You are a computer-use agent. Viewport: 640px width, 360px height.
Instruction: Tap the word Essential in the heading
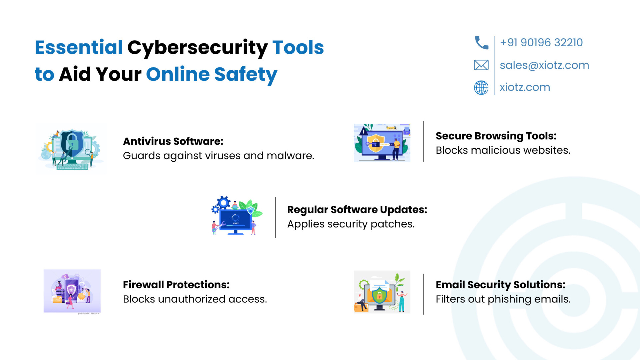click(x=79, y=47)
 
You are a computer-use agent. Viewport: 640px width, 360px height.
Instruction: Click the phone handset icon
click(x=481, y=43)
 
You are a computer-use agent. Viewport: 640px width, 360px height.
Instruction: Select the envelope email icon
click(x=481, y=65)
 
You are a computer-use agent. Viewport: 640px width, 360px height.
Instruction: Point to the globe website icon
click(x=481, y=87)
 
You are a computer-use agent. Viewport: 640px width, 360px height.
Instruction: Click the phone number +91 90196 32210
click(x=541, y=43)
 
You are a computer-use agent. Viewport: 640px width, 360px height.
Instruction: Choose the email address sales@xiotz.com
click(x=545, y=65)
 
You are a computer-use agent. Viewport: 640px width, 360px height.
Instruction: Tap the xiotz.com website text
click(x=525, y=87)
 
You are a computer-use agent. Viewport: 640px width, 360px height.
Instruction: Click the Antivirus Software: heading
click(x=173, y=141)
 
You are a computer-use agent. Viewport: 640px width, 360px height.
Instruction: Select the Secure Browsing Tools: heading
click(x=496, y=136)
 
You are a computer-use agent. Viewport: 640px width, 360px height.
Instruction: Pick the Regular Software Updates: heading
click(x=357, y=210)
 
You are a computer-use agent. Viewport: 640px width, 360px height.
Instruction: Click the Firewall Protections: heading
click(x=176, y=285)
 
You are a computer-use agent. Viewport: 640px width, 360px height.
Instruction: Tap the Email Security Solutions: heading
click(x=501, y=285)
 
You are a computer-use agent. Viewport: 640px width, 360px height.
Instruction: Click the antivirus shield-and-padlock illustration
click(x=71, y=149)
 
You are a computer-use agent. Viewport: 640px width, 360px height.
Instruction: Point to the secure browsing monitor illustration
click(x=382, y=143)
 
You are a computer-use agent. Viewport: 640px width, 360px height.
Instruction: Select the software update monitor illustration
click(x=237, y=216)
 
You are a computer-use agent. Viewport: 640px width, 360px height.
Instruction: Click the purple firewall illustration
click(x=72, y=291)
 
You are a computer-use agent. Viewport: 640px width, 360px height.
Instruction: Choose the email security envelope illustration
click(x=382, y=292)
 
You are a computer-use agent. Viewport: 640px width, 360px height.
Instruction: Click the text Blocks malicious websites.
click(x=503, y=150)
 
